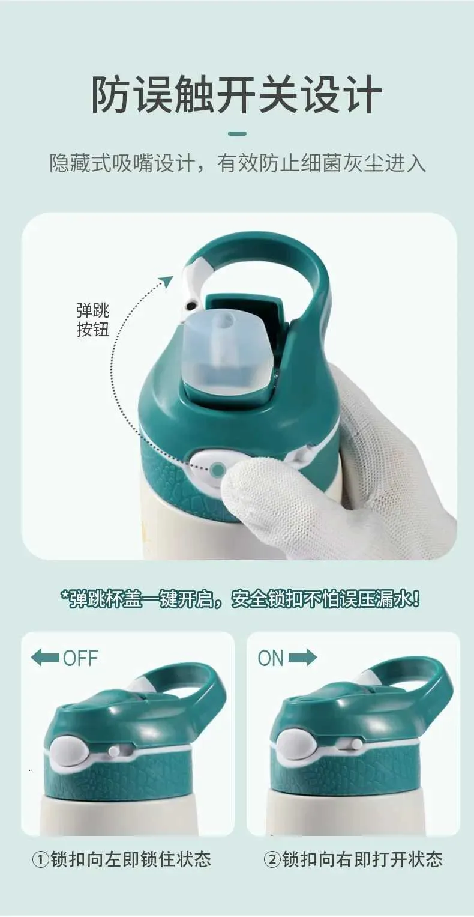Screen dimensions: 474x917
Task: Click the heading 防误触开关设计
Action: (236, 94)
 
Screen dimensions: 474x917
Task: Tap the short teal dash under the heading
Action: (237, 133)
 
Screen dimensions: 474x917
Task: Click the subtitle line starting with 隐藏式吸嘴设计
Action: (238, 163)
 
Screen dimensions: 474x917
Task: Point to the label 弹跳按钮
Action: (93, 319)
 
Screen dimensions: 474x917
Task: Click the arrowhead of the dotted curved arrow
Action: (166, 282)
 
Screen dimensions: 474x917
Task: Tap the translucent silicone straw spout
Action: (225, 351)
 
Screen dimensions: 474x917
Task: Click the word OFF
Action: (80, 658)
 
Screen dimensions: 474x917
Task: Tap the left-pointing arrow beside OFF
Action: (45, 658)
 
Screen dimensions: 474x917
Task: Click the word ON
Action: (271, 658)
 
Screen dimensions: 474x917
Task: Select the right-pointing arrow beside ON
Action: (302, 658)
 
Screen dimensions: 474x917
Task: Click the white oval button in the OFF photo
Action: (69, 751)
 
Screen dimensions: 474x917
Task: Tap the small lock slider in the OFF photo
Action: (113, 749)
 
